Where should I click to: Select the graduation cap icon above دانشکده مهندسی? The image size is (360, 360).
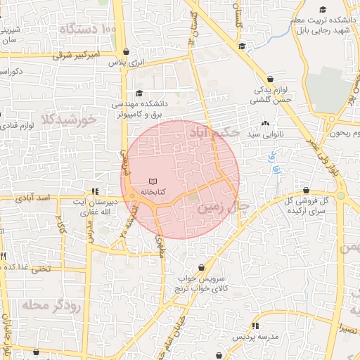(x=139, y=94)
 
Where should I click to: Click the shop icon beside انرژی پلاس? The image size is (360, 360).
(x=126, y=51)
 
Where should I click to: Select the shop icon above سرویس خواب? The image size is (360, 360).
(x=202, y=268)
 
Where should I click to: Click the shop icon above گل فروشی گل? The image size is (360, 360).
(x=306, y=191)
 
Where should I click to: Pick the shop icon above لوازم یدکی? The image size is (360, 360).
(x=271, y=79)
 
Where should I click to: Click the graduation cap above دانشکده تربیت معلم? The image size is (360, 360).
(x=323, y=10)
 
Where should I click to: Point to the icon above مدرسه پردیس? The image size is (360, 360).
(x=255, y=326)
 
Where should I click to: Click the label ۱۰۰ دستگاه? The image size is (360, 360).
(x=87, y=30)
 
